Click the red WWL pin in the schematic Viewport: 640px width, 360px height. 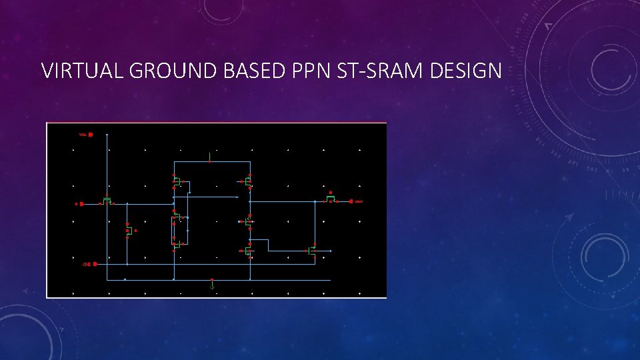coord(90,135)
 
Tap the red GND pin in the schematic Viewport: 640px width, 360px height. coord(95,264)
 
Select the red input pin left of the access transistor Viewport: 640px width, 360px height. coord(76,204)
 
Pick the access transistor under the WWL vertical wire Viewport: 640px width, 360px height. coord(107,200)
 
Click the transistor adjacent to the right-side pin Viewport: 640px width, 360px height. coord(331,198)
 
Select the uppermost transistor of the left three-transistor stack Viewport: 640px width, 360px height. coord(177,181)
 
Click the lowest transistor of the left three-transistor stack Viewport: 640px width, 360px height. coord(177,246)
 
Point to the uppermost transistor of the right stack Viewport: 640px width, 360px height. coord(247,181)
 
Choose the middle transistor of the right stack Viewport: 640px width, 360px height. coord(247,221)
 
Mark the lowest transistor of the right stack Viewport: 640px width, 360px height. coord(247,251)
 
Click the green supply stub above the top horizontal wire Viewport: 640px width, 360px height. coord(211,156)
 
